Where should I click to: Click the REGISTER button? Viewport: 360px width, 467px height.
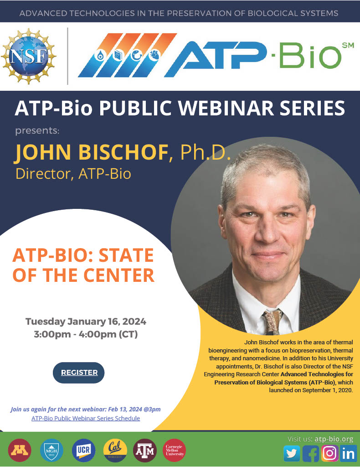click(79, 373)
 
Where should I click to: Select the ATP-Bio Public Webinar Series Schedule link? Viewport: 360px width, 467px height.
click(86, 418)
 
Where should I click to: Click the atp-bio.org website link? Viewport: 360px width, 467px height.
click(334, 439)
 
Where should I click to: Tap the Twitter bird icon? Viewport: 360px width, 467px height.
click(292, 453)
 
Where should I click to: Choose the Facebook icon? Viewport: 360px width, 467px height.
click(311, 453)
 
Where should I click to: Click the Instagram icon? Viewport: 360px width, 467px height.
click(329, 453)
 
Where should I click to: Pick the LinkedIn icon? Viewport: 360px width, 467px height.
click(349, 453)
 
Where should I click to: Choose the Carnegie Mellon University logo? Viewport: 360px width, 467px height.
click(174, 451)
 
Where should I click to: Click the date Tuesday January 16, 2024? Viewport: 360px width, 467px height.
click(86, 321)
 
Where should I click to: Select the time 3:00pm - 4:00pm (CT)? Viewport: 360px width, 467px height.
click(86, 334)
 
